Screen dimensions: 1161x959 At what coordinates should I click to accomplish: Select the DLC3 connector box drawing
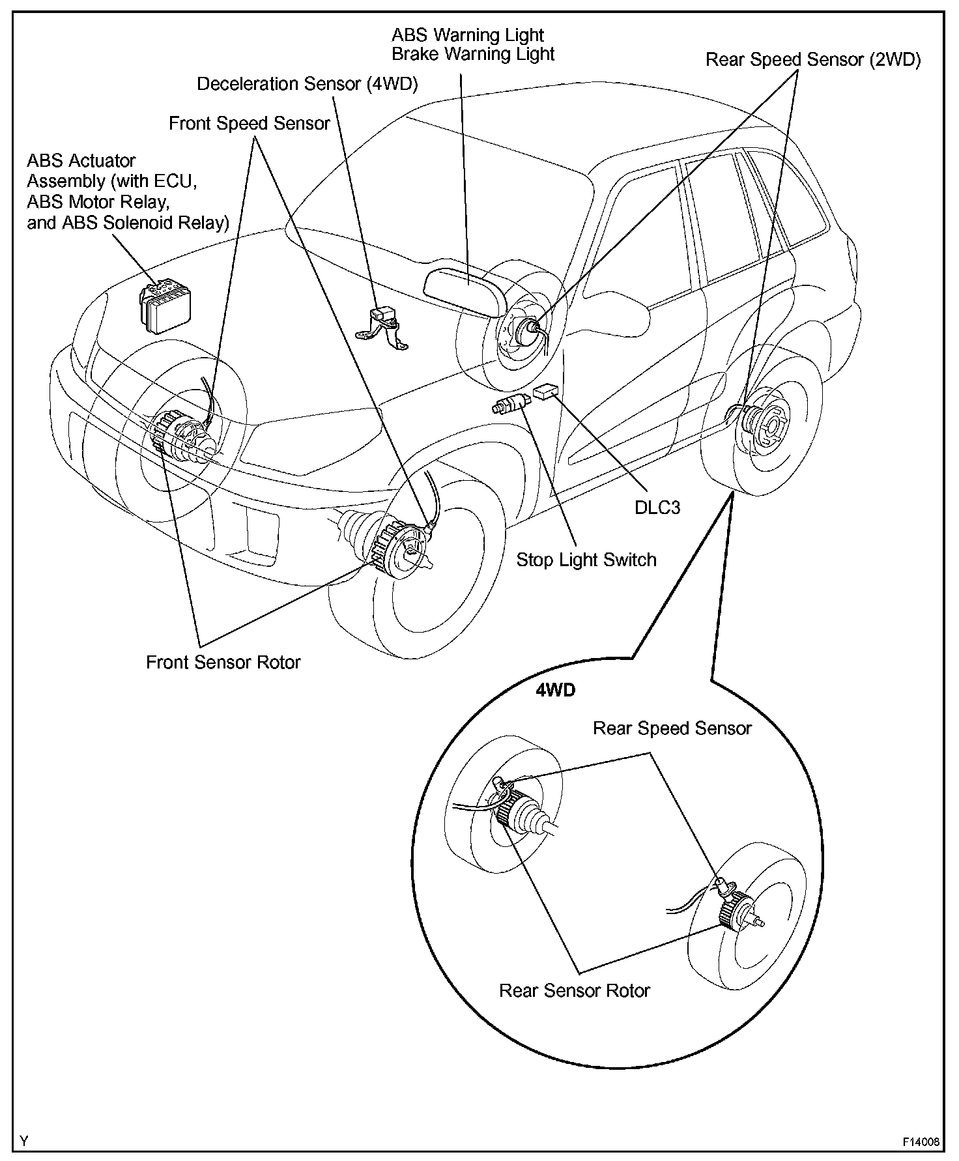tap(546, 392)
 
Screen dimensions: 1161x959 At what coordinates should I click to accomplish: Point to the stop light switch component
tap(513, 404)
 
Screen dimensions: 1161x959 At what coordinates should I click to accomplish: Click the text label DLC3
tap(657, 508)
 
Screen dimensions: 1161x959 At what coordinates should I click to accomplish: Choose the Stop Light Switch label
tap(586, 560)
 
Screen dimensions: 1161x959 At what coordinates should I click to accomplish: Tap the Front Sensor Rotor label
tap(223, 663)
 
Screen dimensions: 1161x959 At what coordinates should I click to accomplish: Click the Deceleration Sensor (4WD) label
tap(308, 84)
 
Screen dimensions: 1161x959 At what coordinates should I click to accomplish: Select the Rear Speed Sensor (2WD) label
tap(813, 60)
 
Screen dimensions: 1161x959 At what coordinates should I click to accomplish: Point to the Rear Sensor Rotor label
tap(575, 991)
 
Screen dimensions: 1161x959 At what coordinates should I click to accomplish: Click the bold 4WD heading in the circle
tap(555, 691)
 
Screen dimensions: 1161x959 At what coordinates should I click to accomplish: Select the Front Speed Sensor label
tap(250, 123)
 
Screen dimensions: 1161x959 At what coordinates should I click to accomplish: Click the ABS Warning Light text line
tap(468, 35)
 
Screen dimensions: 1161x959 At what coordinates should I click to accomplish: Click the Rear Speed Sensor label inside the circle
tap(672, 728)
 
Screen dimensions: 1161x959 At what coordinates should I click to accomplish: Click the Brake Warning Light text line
tap(473, 54)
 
